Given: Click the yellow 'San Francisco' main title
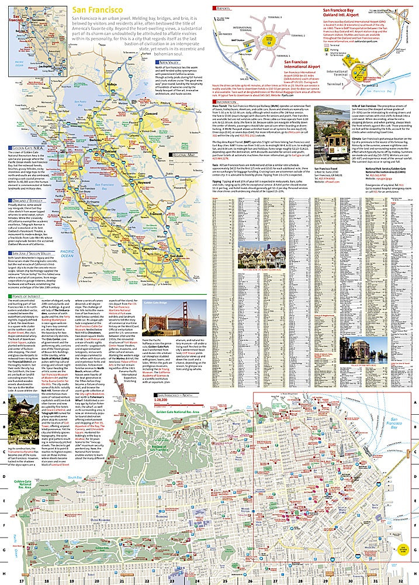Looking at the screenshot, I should (98, 10).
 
